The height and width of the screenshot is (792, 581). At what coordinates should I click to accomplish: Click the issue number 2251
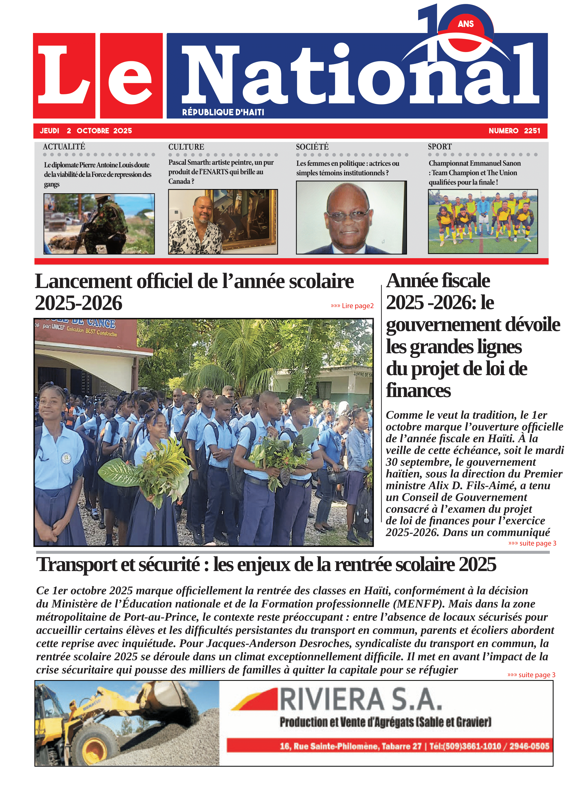pyautogui.click(x=532, y=131)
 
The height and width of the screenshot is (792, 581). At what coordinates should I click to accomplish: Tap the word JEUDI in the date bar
pyautogui.click(x=50, y=131)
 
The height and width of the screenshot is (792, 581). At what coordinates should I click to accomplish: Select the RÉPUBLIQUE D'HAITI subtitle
pyautogui.click(x=223, y=112)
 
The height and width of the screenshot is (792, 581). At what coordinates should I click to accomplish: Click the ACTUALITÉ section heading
pyautogui.click(x=64, y=147)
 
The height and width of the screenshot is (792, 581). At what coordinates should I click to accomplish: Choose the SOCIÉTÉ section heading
pyautogui.click(x=312, y=147)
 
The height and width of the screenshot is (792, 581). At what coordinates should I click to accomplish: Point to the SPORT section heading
pyautogui.click(x=440, y=147)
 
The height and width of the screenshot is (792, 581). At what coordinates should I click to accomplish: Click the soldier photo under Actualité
pyautogui.click(x=99, y=224)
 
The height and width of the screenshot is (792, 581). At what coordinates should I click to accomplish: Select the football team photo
pyautogui.click(x=482, y=221)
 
